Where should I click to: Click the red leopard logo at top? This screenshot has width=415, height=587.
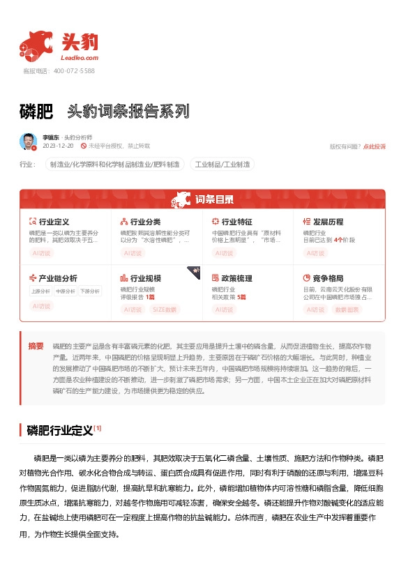point(37,44)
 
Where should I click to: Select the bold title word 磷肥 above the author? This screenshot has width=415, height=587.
point(37,112)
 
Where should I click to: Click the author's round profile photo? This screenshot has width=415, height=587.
point(29,142)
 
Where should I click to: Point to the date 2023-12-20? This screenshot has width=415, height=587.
point(58,146)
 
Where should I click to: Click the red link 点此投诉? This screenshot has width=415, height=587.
point(374,146)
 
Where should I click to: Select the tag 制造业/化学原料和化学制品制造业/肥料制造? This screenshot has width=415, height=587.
point(114,165)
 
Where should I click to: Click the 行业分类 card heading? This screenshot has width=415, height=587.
point(145,222)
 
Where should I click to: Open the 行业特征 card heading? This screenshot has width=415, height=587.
point(236,222)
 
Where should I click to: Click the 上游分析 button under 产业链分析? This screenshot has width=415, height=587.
point(40,291)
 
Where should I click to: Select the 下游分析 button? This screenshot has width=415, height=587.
point(89,291)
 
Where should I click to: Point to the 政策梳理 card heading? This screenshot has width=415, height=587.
point(236,278)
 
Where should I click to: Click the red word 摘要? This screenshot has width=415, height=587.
point(36,346)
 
